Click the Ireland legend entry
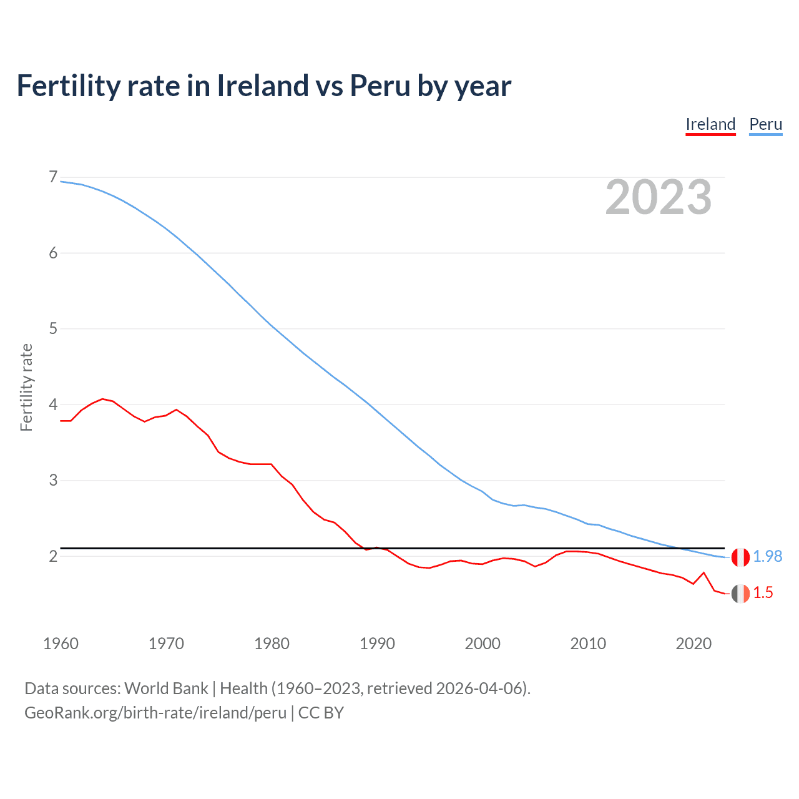pyautogui.click(x=710, y=124)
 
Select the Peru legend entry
pyautogui.click(x=765, y=124)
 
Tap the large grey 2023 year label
pyautogui.click(x=659, y=197)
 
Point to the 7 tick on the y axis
pyautogui.click(x=53, y=177)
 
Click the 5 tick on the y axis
pyautogui.click(x=53, y=328)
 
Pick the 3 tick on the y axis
pyautogui.click(x=53, y=480)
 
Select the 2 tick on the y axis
pyautogui.click(x=53, y=556)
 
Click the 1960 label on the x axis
pyautogui.click(x=61, y=644)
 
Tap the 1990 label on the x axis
pyautogui.click(x=377, y=644)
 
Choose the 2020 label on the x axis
pyautogui.click(x=694, y=644)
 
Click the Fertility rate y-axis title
pyautogui.click(x=26, y=387)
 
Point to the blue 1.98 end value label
pyautogui.click(x=767, y=556)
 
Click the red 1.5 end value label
pyautogui.click(x=763, y=593)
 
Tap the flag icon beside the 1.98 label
pyautogui.click(x=740, y=557)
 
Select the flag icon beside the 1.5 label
pyautogui.click(x=740, y=594)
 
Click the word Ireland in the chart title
pyautogui.click(x=262, y=86)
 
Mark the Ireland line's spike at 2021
pyautogui.click(x=703, y=572)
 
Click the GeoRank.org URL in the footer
pyautogui.click(x=155, y=712)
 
